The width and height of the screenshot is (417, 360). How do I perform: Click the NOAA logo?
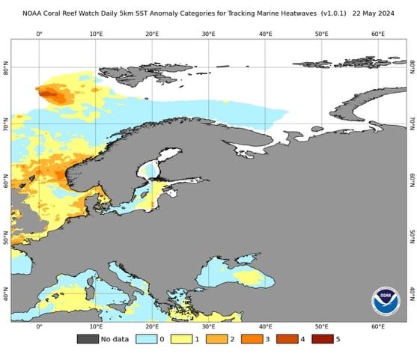click(386, 301)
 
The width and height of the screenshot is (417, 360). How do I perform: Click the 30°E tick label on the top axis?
click(208, 34)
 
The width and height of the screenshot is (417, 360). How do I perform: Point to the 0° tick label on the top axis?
click(39, 34)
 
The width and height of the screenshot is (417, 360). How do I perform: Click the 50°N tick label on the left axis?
click(5, 239)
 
